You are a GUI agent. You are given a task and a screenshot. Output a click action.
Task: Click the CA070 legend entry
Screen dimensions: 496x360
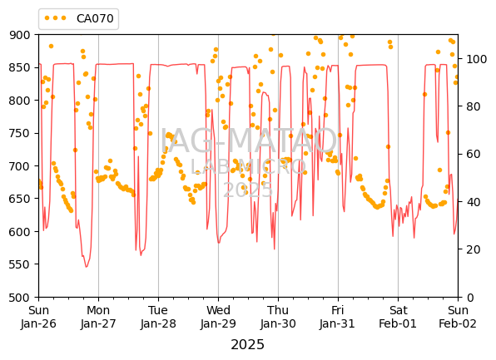79,18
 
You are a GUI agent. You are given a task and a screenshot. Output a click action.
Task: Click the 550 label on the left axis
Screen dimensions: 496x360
20,264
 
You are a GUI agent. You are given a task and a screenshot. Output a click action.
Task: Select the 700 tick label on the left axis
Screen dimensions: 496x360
20,166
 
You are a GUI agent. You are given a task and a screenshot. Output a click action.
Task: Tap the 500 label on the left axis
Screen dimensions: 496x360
20,298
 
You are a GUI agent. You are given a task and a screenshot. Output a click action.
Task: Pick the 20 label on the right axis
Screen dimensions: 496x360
472,249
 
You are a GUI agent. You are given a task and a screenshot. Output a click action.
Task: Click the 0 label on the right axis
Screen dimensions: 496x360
468,298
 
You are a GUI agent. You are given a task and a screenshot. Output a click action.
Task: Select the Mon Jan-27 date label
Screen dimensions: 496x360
98,317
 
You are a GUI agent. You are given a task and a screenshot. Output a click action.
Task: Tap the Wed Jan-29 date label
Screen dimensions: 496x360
218,317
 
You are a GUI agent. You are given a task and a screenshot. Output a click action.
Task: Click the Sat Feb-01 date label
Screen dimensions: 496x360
398,317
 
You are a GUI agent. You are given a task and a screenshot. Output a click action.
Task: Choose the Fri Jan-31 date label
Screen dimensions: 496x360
338,317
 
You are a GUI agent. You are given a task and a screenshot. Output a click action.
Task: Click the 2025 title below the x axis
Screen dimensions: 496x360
248,344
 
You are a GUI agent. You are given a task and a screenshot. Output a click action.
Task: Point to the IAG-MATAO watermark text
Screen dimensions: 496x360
248,141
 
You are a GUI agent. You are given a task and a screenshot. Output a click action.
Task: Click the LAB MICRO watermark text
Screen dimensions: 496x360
248,166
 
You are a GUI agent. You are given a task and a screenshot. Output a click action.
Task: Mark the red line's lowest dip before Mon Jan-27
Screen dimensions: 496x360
86,267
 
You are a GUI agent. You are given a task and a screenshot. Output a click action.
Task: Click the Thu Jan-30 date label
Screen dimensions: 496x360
278,317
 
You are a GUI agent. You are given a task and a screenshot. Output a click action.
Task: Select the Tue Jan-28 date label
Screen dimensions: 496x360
158,317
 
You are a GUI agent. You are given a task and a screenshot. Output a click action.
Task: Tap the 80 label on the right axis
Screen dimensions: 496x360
472,106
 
